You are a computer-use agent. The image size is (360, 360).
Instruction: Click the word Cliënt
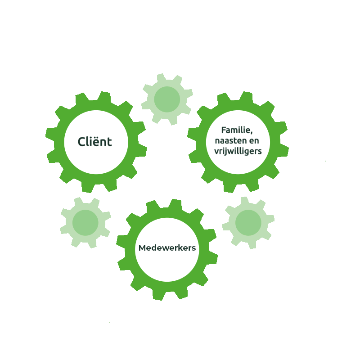click(94, 142)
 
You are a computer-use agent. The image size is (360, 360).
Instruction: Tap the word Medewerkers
click(167, 248)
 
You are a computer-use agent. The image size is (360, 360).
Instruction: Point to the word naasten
click(226, 141)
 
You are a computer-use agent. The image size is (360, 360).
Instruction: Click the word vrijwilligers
click(238, 152)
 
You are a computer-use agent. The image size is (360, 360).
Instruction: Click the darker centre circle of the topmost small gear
click(167, 99)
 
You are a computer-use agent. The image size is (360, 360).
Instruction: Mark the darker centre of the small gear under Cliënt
click(85, 222)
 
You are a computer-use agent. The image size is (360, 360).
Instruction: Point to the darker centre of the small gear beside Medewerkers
click(248, 222)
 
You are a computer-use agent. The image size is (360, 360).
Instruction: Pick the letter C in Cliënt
click(81, 142)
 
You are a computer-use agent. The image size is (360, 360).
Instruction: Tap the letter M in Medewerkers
click(142, 248)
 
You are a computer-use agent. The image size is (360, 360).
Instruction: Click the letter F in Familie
click(224, 130)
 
